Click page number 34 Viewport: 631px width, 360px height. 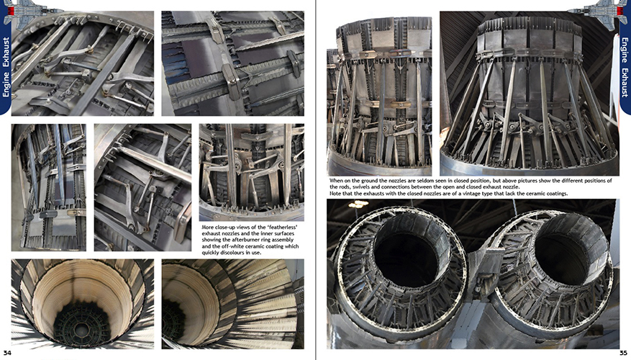point(8,353)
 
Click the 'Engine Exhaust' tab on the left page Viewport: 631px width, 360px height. point(6,66)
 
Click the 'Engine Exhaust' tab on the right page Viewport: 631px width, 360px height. point(625,67)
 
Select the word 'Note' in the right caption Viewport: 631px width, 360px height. point(335,194)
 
